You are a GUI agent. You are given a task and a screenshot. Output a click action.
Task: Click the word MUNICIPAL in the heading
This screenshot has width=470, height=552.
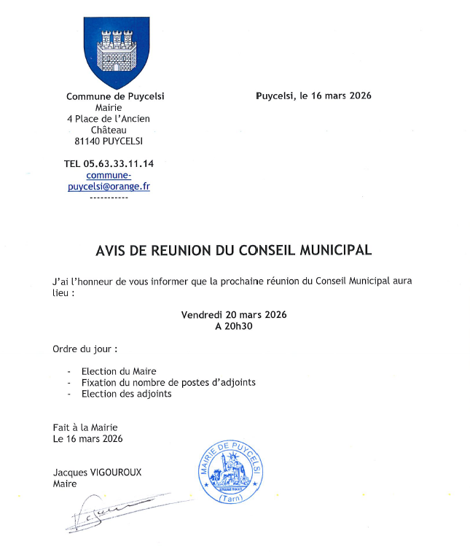coord(332,250)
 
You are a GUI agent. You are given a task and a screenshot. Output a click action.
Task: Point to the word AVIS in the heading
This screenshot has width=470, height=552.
coord(111,250)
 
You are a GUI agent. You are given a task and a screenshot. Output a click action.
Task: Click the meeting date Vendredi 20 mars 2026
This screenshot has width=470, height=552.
coord(234,315)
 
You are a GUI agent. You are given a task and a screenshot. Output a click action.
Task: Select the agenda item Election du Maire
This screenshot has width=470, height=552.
coord(119,371)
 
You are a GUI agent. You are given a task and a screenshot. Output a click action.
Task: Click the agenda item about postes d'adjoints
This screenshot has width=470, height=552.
coord(168,382)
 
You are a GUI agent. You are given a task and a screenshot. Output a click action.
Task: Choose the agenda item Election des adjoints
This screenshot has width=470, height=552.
coord(127,394)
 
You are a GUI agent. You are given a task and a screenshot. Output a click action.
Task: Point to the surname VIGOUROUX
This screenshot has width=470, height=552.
coord(114,473)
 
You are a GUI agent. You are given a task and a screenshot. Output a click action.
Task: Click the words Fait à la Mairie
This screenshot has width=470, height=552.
coord(85,427)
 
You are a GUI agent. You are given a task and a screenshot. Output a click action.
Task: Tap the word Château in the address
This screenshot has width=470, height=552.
coord(108,130)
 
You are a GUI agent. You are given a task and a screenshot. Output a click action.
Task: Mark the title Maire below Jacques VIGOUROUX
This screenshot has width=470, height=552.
coord(64,483)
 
